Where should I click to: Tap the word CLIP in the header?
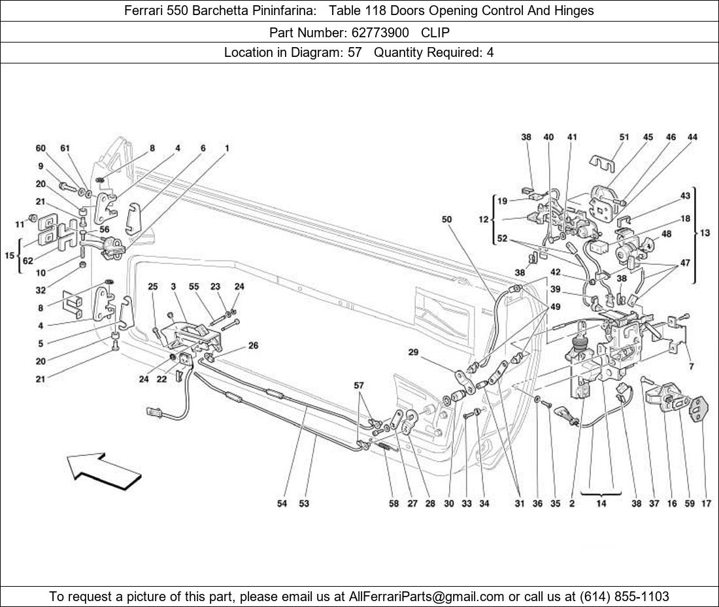coord(435,32)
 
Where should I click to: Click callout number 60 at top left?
coord(41,148)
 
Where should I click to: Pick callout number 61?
coord(65,148)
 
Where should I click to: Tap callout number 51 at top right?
coord(624,137)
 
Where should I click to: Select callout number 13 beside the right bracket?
coord(705,234)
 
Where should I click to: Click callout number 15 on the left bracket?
coord(9,255)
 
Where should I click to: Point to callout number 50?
coord(446,220)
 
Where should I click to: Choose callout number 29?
coord(413,353)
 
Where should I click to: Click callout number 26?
coord(253,345)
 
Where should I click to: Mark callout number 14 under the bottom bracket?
coord(600,504)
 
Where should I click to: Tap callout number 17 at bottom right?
coord(707,504)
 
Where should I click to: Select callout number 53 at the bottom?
coord(304,504)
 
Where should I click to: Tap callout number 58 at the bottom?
coord(393,504)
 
